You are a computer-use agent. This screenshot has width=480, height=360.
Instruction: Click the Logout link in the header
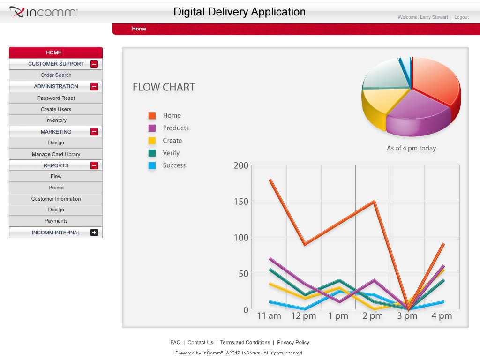pyautogui.click(x=461, y=17)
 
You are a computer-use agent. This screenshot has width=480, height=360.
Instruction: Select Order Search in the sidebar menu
pyautogui.click(x=56, y=75)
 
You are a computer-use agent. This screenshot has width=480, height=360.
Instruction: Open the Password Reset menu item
pyautogui.click(x=56, y=98)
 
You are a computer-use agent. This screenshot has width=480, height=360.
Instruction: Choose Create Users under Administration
pyautogui.click(x=56, y=109)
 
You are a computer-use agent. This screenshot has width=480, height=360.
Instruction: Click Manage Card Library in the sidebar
pyautogui.click(x=56, y=154)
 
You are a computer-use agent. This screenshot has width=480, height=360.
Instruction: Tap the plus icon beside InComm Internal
pyautogui.click(x=94, y=232)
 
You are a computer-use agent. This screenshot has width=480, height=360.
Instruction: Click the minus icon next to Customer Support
pyautogui.click(x=94, y=64)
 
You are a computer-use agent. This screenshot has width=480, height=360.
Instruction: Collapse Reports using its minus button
pyautogui.click(x=94, y=165)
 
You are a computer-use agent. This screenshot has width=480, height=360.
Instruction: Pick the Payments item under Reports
pyautogui.click(x=56, y=221)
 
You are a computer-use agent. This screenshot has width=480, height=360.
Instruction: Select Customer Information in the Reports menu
pyautogui.click(x=56, y=199)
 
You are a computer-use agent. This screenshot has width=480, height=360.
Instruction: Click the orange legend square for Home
pyautogui.click(x=152, y=116)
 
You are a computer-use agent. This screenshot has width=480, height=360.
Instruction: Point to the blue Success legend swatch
pyautogui.click(x=152, y=165)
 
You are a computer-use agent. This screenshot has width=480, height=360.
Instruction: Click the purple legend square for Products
pyautogui.click(x=152, y=128)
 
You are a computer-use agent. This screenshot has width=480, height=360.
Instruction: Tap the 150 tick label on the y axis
pyautogui.click(x=241, y=201)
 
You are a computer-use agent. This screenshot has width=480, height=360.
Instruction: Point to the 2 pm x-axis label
pyautogui.click(x=373, y=316)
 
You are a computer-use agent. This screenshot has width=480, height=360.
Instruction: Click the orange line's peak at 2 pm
pyautogui.click(x=374, y=202)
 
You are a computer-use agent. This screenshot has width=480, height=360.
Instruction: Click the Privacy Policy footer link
pyautogui.click(x=293, y=343)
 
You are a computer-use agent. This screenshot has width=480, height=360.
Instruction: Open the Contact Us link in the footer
pyautogui.click(x=200, y=343)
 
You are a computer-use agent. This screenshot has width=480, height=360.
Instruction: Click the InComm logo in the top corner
pyautogui.click(x=44, y=12)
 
